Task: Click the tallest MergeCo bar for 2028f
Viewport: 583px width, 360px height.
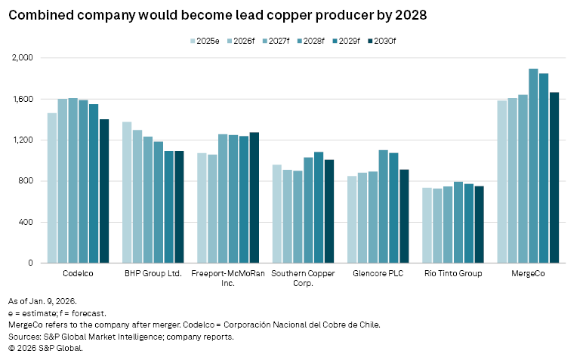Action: [533, 166]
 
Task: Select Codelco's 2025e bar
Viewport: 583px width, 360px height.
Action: [52, 188]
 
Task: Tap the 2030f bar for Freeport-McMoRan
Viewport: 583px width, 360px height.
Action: [254, 198]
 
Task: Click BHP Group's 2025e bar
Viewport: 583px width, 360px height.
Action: [127, 192]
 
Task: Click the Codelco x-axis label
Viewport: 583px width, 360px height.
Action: [78, 273]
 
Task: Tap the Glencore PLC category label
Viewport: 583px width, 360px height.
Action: [378, 273]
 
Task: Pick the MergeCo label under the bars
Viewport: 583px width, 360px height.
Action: [528, 273]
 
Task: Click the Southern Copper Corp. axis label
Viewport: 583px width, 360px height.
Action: [302, 278]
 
